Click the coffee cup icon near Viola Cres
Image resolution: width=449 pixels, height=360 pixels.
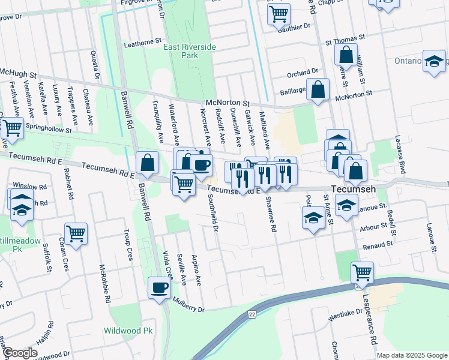click(x=159, y=287)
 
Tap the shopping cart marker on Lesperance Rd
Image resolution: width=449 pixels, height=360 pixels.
click(x=362, y=272)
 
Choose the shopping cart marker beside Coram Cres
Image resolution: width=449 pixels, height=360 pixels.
click(x=76, y=233)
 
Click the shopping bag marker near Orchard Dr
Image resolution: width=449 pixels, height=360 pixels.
click(x=318, y=89)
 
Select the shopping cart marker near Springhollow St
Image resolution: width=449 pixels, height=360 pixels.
click(x=12, y=127)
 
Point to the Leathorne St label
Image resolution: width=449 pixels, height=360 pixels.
click(x=143, y=43)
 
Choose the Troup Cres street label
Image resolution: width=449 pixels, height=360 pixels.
click(x=128, y=245)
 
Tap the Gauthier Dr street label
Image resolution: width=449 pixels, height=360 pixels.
click(x=298, y=26)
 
